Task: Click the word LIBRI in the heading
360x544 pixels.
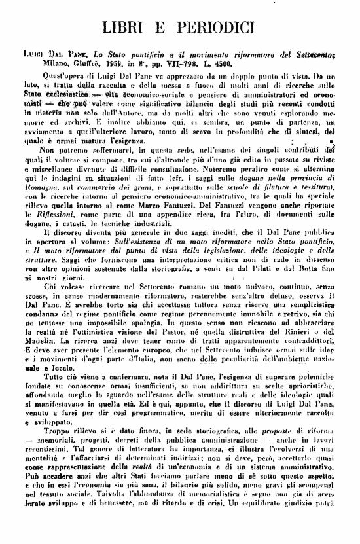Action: [x=133, y=29]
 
